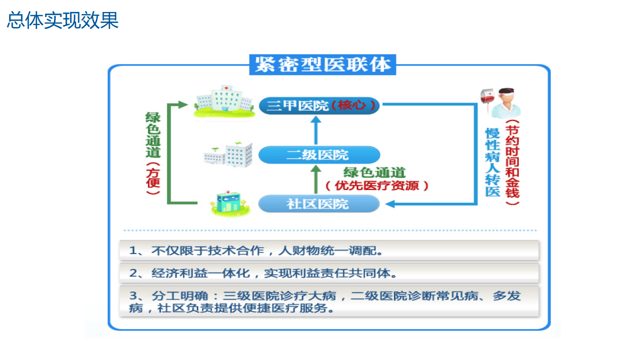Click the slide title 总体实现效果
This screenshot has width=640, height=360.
(63, 21)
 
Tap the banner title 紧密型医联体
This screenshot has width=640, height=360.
(323, 65)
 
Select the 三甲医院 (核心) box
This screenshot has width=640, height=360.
(319, 105)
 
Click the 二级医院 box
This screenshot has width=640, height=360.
(319, 154)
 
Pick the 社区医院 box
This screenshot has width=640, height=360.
(319, 204)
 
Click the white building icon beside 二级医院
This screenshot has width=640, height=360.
(228, 154)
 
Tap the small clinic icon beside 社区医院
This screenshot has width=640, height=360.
(228, 202)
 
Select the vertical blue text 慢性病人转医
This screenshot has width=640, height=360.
(493, 162)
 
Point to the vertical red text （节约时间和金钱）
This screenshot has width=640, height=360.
(512, 162)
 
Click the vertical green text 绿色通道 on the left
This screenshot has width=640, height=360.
(153, 135)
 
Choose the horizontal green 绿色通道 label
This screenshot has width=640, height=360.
(374, 172)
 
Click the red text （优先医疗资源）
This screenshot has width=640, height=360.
(377, 186)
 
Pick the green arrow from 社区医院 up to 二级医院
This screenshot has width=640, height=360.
(315, 179)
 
